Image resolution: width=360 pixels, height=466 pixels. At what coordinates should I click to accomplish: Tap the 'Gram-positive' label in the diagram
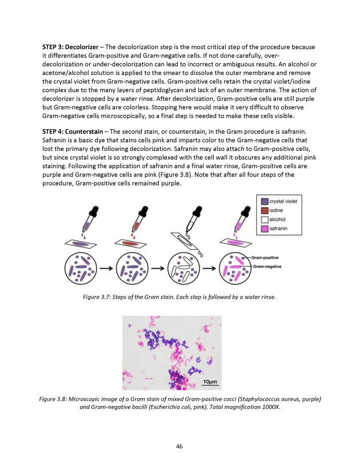(266, 258)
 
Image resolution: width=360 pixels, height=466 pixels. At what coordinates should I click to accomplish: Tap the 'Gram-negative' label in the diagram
(267, 267)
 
